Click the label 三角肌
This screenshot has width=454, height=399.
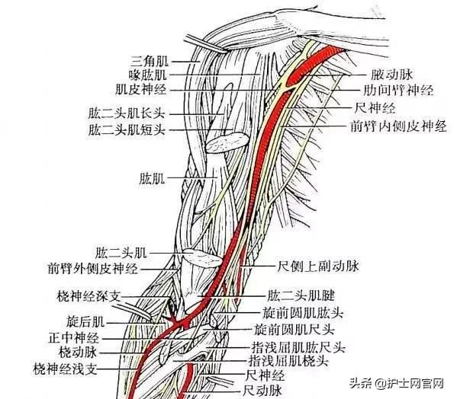coord(149,61)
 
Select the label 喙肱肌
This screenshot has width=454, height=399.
coord(148,75)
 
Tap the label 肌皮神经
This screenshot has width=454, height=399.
coord(141,90)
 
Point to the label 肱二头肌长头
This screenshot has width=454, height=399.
coord(127,113)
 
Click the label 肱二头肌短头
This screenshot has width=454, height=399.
coord(127,129)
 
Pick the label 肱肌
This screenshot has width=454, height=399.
coord(152,178)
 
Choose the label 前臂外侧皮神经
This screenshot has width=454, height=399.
coord(92,269)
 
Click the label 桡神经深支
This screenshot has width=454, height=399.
coord(89,296)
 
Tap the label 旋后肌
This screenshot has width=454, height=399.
coord(85,321)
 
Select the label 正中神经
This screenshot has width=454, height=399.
coord(74,337)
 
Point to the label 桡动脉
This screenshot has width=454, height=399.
coord(78,353)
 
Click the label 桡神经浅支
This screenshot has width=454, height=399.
coord(65,369)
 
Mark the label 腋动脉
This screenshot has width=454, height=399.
coord(391,75)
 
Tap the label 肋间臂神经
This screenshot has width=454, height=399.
coord(399,91)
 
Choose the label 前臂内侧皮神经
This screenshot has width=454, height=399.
coord(399,126)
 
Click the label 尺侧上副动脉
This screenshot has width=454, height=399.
coord(318,266)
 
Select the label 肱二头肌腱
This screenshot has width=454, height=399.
coord(301,295)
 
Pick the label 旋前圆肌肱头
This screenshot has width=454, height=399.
coord(303,313)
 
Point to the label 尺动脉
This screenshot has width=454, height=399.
coord(262,391)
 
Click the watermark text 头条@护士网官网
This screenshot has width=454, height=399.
coord(397,384)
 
